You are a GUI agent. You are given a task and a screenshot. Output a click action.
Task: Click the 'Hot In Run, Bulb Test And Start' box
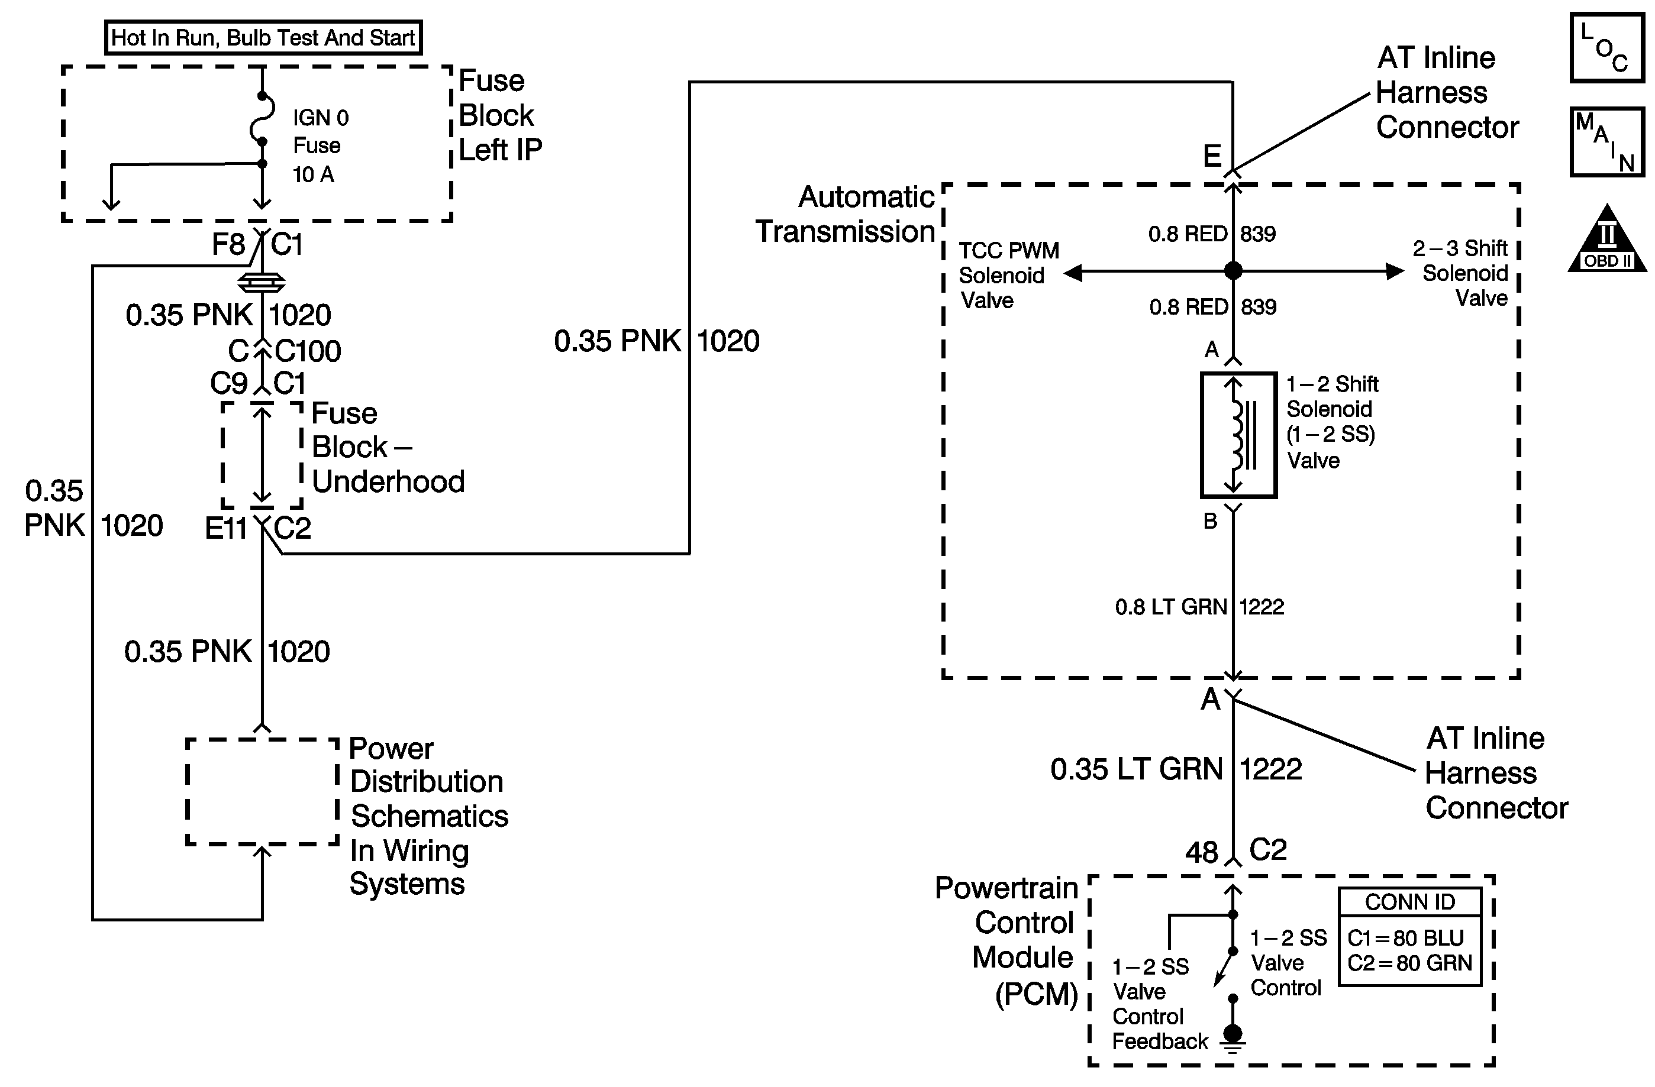coord(263,37)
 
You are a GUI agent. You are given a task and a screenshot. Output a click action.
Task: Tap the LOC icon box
coord(1607,47)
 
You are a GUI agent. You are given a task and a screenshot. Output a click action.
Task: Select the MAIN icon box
coord(1607,142)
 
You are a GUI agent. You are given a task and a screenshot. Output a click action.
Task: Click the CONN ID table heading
coord(1409,902)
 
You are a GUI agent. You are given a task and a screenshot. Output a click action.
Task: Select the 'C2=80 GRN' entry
coord(1409,963)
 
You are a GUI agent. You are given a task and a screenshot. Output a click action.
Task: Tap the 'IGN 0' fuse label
coord(321,118)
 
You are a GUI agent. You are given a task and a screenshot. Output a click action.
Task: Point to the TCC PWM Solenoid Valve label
coord(1008,275)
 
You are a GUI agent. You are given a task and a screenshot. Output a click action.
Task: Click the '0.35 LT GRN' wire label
coord(1136,769)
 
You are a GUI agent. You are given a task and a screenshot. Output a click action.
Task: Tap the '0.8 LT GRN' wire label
coord(1170,607)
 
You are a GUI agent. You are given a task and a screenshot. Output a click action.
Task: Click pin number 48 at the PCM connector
coord(1202,852)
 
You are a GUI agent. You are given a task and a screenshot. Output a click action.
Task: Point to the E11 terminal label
coord(226,529)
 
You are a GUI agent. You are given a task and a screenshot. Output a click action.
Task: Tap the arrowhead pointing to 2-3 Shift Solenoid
coord(1394,271)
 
